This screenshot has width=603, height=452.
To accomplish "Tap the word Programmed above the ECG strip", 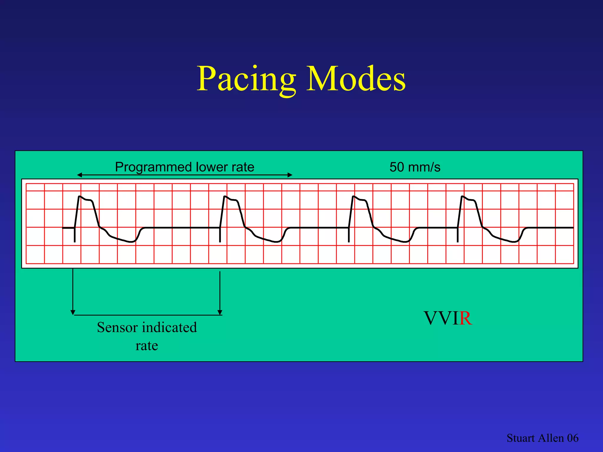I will pyautogui.click(x=153, y=167).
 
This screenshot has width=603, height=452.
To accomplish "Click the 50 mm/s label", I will pyautogui.click(x=415, y=167).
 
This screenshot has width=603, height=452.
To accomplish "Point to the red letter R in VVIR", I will pyautogui.click(x=465, y=318).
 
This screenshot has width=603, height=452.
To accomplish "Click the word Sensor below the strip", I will pyautogui.click(x=117, y=327).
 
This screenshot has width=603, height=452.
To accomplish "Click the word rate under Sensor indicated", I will pyautogui.click(x=147, y=345).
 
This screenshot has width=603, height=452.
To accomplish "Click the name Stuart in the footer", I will pyautogui.click(x=520, y=438).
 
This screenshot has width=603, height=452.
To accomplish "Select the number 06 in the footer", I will pyautogui.click(x=573, y=438).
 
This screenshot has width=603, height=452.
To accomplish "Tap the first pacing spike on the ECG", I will pyautogui.click(x=75, y=235).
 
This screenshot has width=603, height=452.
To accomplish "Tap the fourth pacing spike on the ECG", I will pyautogui.click(x=458, y=235).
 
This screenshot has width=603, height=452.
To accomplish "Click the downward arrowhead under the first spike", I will pyautogui.click(x=73, y=312).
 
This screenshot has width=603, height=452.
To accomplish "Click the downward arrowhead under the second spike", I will pyautogui.click(x=220, y=312).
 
